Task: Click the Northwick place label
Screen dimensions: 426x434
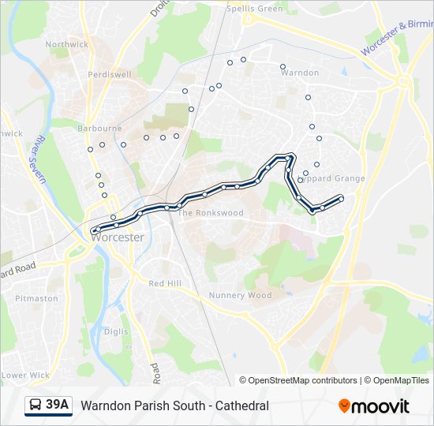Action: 67,44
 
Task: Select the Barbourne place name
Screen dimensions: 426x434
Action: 99,128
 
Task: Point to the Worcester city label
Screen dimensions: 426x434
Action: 118,237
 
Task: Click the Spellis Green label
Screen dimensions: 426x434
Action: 254,9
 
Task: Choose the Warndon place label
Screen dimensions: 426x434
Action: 300,73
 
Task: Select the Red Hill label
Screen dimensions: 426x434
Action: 165,283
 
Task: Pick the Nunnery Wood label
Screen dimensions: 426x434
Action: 240,296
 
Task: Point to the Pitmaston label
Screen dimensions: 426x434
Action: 36,298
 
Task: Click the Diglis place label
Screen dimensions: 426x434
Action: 115,332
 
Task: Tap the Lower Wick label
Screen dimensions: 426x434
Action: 25,376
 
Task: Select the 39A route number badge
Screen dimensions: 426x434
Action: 58,405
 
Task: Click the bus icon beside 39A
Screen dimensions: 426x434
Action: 36,405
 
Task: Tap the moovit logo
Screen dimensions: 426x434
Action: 374,406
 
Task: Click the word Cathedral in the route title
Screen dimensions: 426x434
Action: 243,405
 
